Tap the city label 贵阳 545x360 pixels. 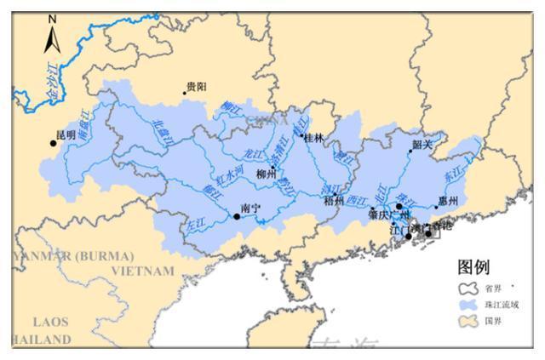(x=197, y=86)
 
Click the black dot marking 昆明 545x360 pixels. (x=54, y=143)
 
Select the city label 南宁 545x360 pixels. (x=250, y=207)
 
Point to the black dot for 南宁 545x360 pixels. (x=237, y=216)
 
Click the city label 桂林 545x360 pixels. (x=313, y=137)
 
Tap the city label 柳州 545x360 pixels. (x=267, y=174)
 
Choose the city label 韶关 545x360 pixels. (x=423, y=145)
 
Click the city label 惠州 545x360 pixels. (x=448, y=202)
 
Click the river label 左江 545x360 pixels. (x=195, y=224)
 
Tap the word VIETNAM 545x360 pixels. (x=143, y=271)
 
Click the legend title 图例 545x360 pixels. (x=474, y=268)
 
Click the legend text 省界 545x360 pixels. (x=495, y=289)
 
